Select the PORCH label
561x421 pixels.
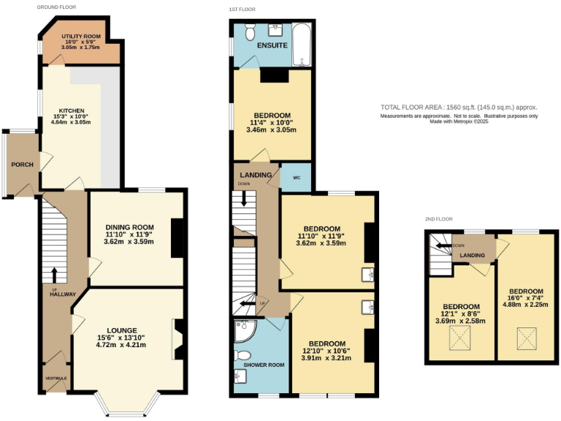pos(22,164)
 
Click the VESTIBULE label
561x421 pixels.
pos(56,378)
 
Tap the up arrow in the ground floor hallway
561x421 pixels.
pos(54,274)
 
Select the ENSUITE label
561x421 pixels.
pos(272,45)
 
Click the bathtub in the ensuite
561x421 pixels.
pos(300,44)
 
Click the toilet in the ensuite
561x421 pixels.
pos(249,32)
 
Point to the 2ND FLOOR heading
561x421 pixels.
pos(439,219)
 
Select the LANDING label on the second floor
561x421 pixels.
pos(473,255)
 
